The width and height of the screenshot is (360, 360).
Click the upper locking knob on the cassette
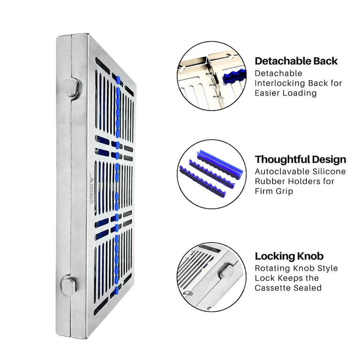point(71,88)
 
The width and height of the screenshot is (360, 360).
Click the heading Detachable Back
point(296,61)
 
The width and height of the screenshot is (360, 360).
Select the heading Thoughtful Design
point(300,159)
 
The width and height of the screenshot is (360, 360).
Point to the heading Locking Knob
point(289,256)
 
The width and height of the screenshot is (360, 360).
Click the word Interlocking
point(280,83)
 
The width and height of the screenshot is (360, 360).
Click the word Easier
point(267,93)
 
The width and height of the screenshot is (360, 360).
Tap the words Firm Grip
point(274,191)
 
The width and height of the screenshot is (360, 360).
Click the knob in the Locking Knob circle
point(225,271)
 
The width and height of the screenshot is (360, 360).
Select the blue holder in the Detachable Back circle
point(234,76)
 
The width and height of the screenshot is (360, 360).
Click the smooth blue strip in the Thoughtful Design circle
point(220,162)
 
